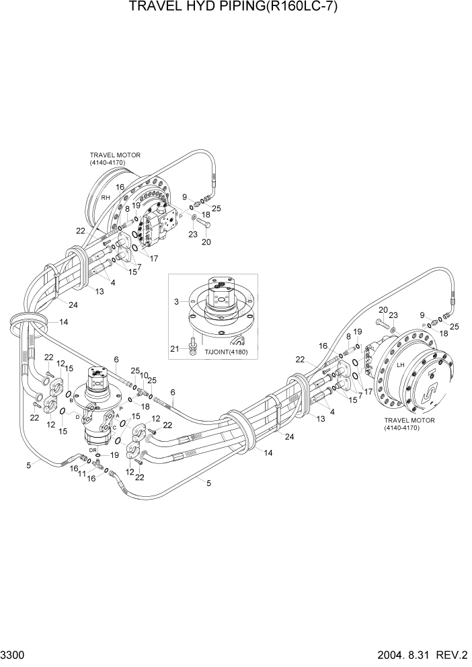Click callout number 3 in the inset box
pyautogui.click(x=176, y=303)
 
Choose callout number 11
pyautogui.click(x=83, y=474)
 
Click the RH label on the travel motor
pyautogui.click(x=106, y=198)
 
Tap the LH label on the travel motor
pyautogui.click(x=400, y=364)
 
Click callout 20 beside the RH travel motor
pyautogui.click(x=206, y=242)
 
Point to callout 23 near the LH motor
pyautogui.click(x=394, y=315)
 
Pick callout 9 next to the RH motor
pyautogui.click(x=184, y=197)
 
